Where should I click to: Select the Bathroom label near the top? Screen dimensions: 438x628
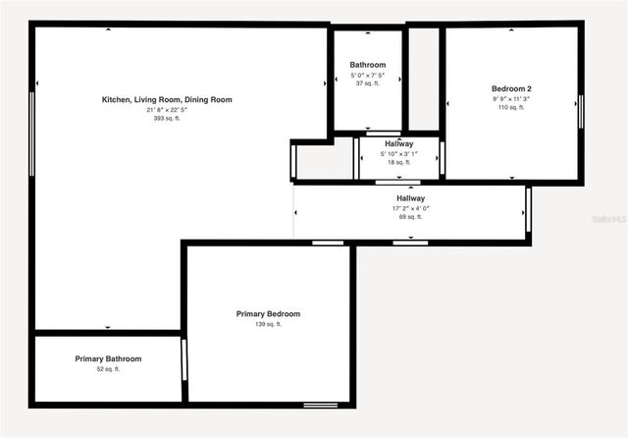[x=368, y=65]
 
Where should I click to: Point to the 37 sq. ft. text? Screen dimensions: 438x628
[x=368, y=83]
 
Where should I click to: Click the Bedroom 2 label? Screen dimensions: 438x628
[x=511, y=89]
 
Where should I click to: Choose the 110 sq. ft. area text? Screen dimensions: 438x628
[x=511, y=107]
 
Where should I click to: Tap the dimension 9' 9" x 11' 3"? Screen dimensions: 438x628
[x=511, y=98]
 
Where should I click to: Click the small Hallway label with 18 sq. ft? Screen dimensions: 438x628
[x=398, y=144]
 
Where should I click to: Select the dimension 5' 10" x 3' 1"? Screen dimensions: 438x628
[x=398, y=153]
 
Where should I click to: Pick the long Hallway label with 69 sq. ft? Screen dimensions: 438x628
[x=410, y=198]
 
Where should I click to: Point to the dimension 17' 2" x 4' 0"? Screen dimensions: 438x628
[x=410, y=208]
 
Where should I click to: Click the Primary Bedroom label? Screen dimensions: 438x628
[x=268, y=314]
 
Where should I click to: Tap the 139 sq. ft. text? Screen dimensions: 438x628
[x=268, y=324]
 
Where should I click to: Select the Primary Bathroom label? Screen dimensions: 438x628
[x=108, y=359]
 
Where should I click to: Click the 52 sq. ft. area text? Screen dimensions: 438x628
[x=108, y=369]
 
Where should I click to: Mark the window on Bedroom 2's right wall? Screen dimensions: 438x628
[x=580, y=110]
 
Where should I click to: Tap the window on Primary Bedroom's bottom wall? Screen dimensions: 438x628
[x=320, y=405]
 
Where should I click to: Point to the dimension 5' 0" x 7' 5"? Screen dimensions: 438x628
[x=368, y=75]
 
